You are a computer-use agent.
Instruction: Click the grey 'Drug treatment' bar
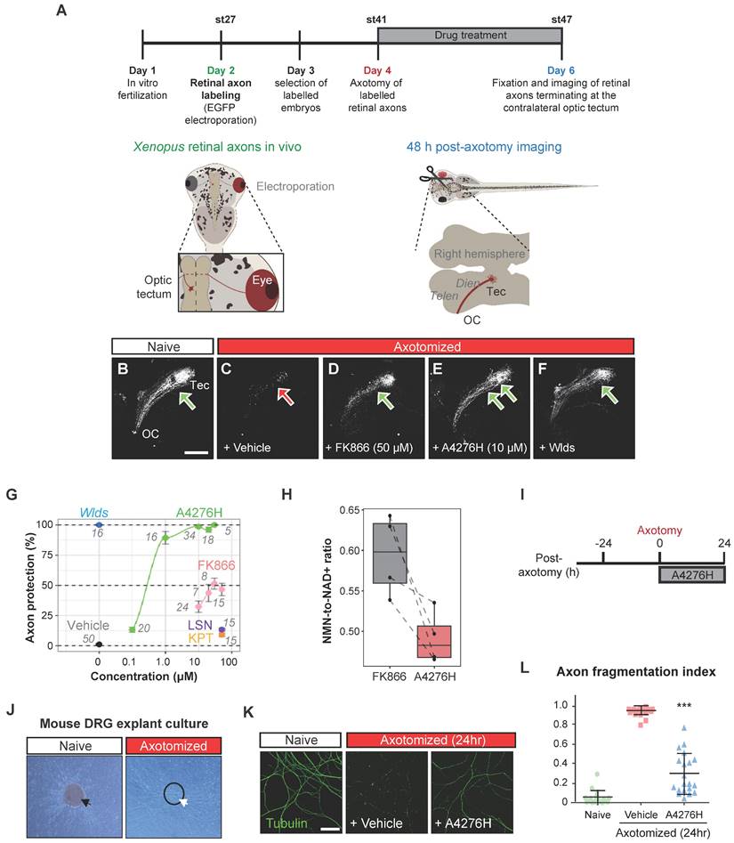point(470,36)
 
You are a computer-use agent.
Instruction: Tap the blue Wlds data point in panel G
point(100,524)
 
